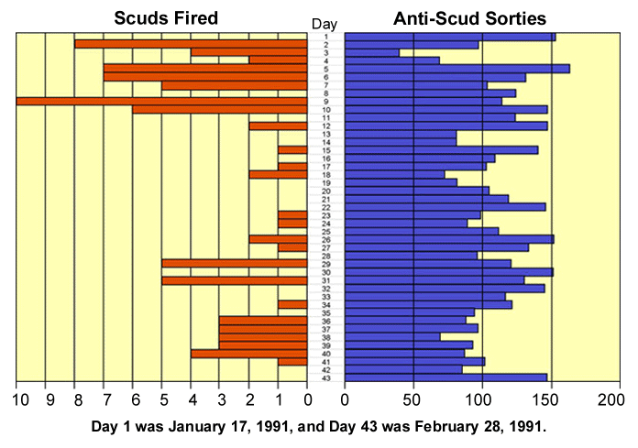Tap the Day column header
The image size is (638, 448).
pos(324,23)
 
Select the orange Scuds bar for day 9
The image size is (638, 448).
pos(161,101)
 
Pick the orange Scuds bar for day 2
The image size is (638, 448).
pos(190,44)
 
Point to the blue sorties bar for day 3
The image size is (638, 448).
pos(372,52)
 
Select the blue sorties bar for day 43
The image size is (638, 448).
pos(445,377)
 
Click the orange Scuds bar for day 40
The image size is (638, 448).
pos(248,353)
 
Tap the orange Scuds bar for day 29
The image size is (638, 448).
pos(234,263)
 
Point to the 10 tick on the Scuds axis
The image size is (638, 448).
pos(16,400)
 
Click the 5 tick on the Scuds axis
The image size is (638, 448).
pos(163,400)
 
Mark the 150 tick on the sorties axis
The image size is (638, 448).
pos(551,400)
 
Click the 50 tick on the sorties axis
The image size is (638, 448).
pos(413,400)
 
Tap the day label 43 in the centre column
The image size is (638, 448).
pos(326,377)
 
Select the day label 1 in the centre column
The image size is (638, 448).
pos(326,37)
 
